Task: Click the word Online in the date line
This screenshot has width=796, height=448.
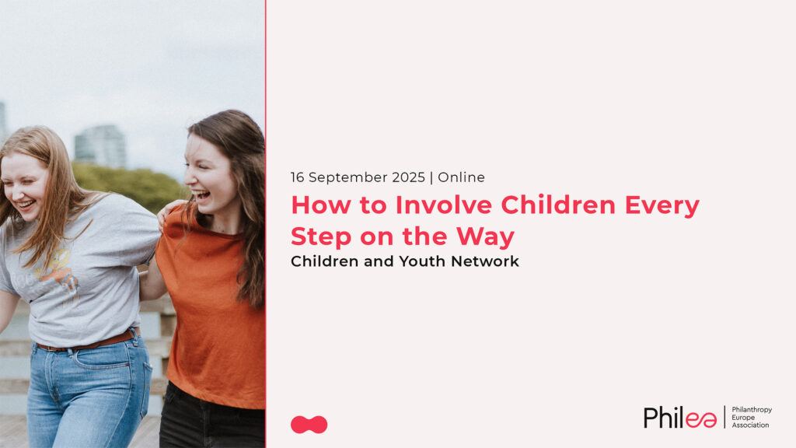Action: click(x=461, y=177)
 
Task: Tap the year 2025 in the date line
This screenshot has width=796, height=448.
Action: click(x=408, y=177)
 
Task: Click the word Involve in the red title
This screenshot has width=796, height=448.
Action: click(x=443, y=205)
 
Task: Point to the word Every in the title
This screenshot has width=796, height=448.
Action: click(x=662, y=206)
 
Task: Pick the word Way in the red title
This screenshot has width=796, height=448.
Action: click(x=485, y=237)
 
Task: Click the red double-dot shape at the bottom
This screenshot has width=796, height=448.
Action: click(x=309, y=425)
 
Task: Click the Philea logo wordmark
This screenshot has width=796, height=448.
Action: click(x=679, y=418)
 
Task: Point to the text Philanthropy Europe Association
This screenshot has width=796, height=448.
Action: click(x=752, y=417)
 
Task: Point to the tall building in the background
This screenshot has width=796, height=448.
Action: click(x=100, y=145)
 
